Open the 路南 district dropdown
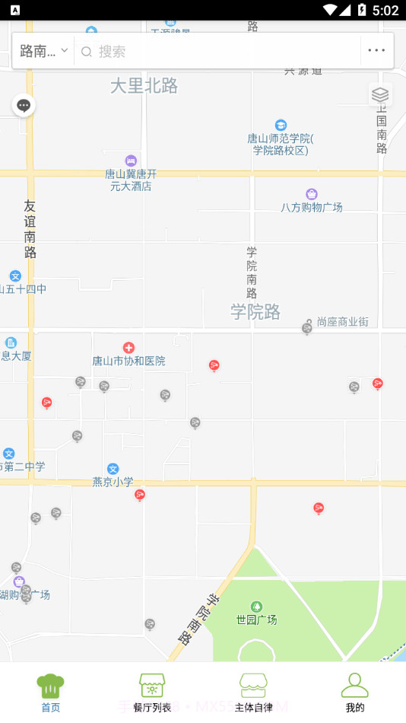[x=43, y=51]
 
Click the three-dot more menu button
[x=376, y=51]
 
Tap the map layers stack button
[x=380, y=94]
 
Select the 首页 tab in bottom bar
[x=50, y=692]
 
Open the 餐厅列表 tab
[x=152, y=692]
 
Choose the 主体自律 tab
[x=253, y=692]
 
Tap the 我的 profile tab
[x=354, y=692]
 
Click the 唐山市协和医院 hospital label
[x=128, y=361]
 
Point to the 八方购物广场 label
[x=312, y=207]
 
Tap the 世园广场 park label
[x=256, y=619]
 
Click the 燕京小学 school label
[x=113, y=481]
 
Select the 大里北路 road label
[x=144, y=86]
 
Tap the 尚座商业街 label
[x=342, y=322]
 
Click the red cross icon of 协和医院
[x=128, y=348]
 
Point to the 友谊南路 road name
[x=30, y=228]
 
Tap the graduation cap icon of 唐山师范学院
[x=281, y=125]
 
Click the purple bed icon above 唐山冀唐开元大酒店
[x=131, y=161]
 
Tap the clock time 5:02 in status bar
[x=385, y=10]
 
